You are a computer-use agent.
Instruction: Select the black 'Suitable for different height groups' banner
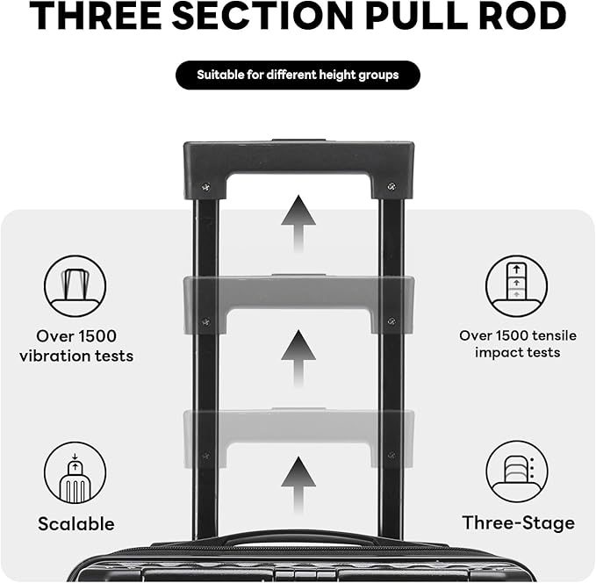(298, 76)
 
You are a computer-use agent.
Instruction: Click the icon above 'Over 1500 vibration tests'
(75, 285)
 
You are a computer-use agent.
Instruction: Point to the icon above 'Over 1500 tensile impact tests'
(516, 285)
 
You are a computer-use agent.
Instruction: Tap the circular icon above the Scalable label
(75, 472)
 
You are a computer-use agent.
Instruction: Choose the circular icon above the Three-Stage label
(516, 471)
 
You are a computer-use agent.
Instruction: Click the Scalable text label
(75, 524)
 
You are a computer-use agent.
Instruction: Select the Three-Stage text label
(518, 523)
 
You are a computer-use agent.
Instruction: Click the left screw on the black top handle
(205, 187)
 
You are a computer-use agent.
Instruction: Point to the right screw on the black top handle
(391, 187)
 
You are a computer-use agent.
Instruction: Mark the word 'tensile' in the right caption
(532, 335)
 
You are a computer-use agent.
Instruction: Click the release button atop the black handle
(298, 140)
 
